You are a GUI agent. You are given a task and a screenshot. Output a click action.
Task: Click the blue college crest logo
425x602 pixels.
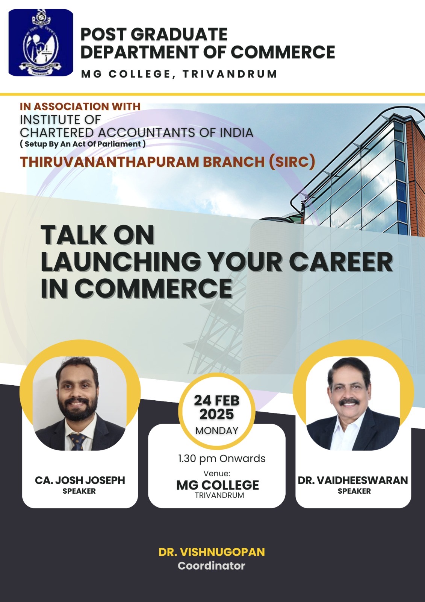click(41, 43)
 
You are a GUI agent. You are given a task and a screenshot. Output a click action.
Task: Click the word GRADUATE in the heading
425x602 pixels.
click(179, 34)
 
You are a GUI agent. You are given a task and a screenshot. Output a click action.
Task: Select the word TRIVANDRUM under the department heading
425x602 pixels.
click(230, 74)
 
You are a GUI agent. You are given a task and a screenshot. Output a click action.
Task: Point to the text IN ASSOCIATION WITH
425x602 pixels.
click(80, 106)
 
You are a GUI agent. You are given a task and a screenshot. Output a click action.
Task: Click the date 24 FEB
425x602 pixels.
click(217, 400)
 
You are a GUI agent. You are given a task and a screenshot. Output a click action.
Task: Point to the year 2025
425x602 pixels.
click(217, 414)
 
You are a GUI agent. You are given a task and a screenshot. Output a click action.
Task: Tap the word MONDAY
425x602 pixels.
click(217, 430)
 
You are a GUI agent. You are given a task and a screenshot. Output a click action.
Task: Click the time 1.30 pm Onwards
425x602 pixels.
click(222, 459)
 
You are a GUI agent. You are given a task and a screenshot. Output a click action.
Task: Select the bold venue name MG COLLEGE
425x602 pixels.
click(218, 485)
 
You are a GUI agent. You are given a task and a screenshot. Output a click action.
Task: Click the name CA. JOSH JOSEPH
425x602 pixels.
click(80, 480)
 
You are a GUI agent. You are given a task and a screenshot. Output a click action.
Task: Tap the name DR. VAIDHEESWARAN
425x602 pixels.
click(353, 480)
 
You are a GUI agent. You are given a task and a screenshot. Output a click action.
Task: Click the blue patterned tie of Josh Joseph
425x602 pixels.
click(77, 441)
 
